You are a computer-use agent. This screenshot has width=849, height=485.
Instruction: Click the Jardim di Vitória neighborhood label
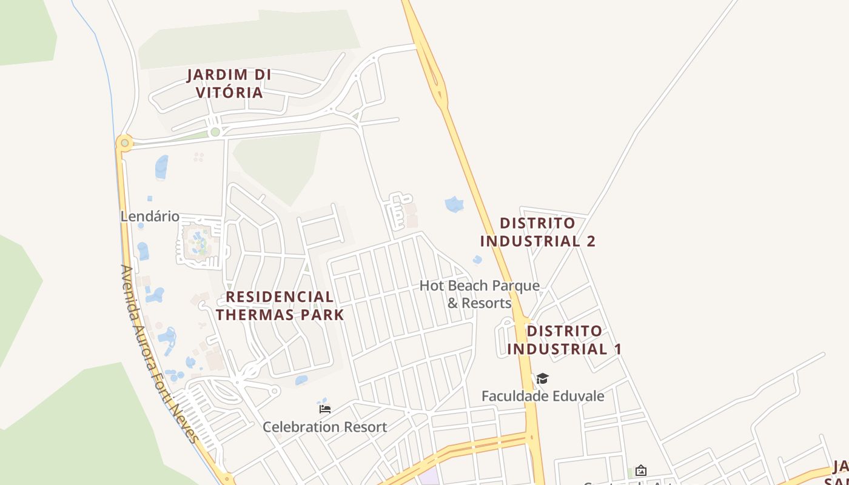(229, 84)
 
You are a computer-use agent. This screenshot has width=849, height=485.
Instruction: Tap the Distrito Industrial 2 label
(537, 232)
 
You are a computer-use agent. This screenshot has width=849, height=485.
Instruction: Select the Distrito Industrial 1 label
(564, 340)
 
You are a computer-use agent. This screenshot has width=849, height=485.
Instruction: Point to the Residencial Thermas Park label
(280, 306)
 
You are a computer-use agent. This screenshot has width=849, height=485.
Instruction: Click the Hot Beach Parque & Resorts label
(479, 294)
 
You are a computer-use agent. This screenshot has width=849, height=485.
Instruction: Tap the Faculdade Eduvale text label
(543, 396)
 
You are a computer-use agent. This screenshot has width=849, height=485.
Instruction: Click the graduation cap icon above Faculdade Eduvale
(542, 379)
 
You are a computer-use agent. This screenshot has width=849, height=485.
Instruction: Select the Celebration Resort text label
(324, 427)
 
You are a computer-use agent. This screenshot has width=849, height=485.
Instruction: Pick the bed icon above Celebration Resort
(324, 409)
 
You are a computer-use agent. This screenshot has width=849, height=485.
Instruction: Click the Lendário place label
(150, 216)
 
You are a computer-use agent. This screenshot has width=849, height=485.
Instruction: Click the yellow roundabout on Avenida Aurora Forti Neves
(124, 143)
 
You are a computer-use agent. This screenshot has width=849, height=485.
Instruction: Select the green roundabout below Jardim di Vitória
(215, 132)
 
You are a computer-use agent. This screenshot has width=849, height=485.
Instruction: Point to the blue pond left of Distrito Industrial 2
(454, 204)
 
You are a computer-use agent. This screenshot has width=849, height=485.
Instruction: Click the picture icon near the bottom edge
(640, 470)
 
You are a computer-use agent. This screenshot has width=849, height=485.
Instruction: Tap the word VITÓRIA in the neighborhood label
(229, 93)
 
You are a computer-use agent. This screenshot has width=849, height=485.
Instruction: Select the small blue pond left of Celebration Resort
(301, 380)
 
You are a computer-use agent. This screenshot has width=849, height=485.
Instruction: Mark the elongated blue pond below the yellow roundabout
(161, 167)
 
